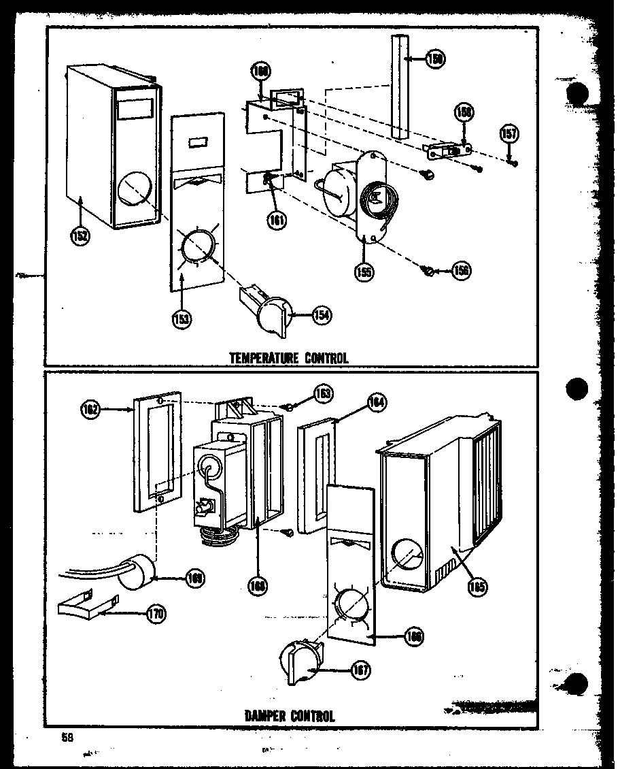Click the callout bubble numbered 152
click(x=80, y=237)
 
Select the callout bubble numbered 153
click(x=180, y=318)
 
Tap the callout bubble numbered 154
click(x=322, y=315)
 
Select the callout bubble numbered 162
click(x=92, y=410)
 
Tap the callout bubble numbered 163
click(x=324, y=393)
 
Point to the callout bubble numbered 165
click(x=477, y=586)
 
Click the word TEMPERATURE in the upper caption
click(x=256, y=357)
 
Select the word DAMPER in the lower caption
click(x=266, y=716)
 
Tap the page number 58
click(x=66, y=738)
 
